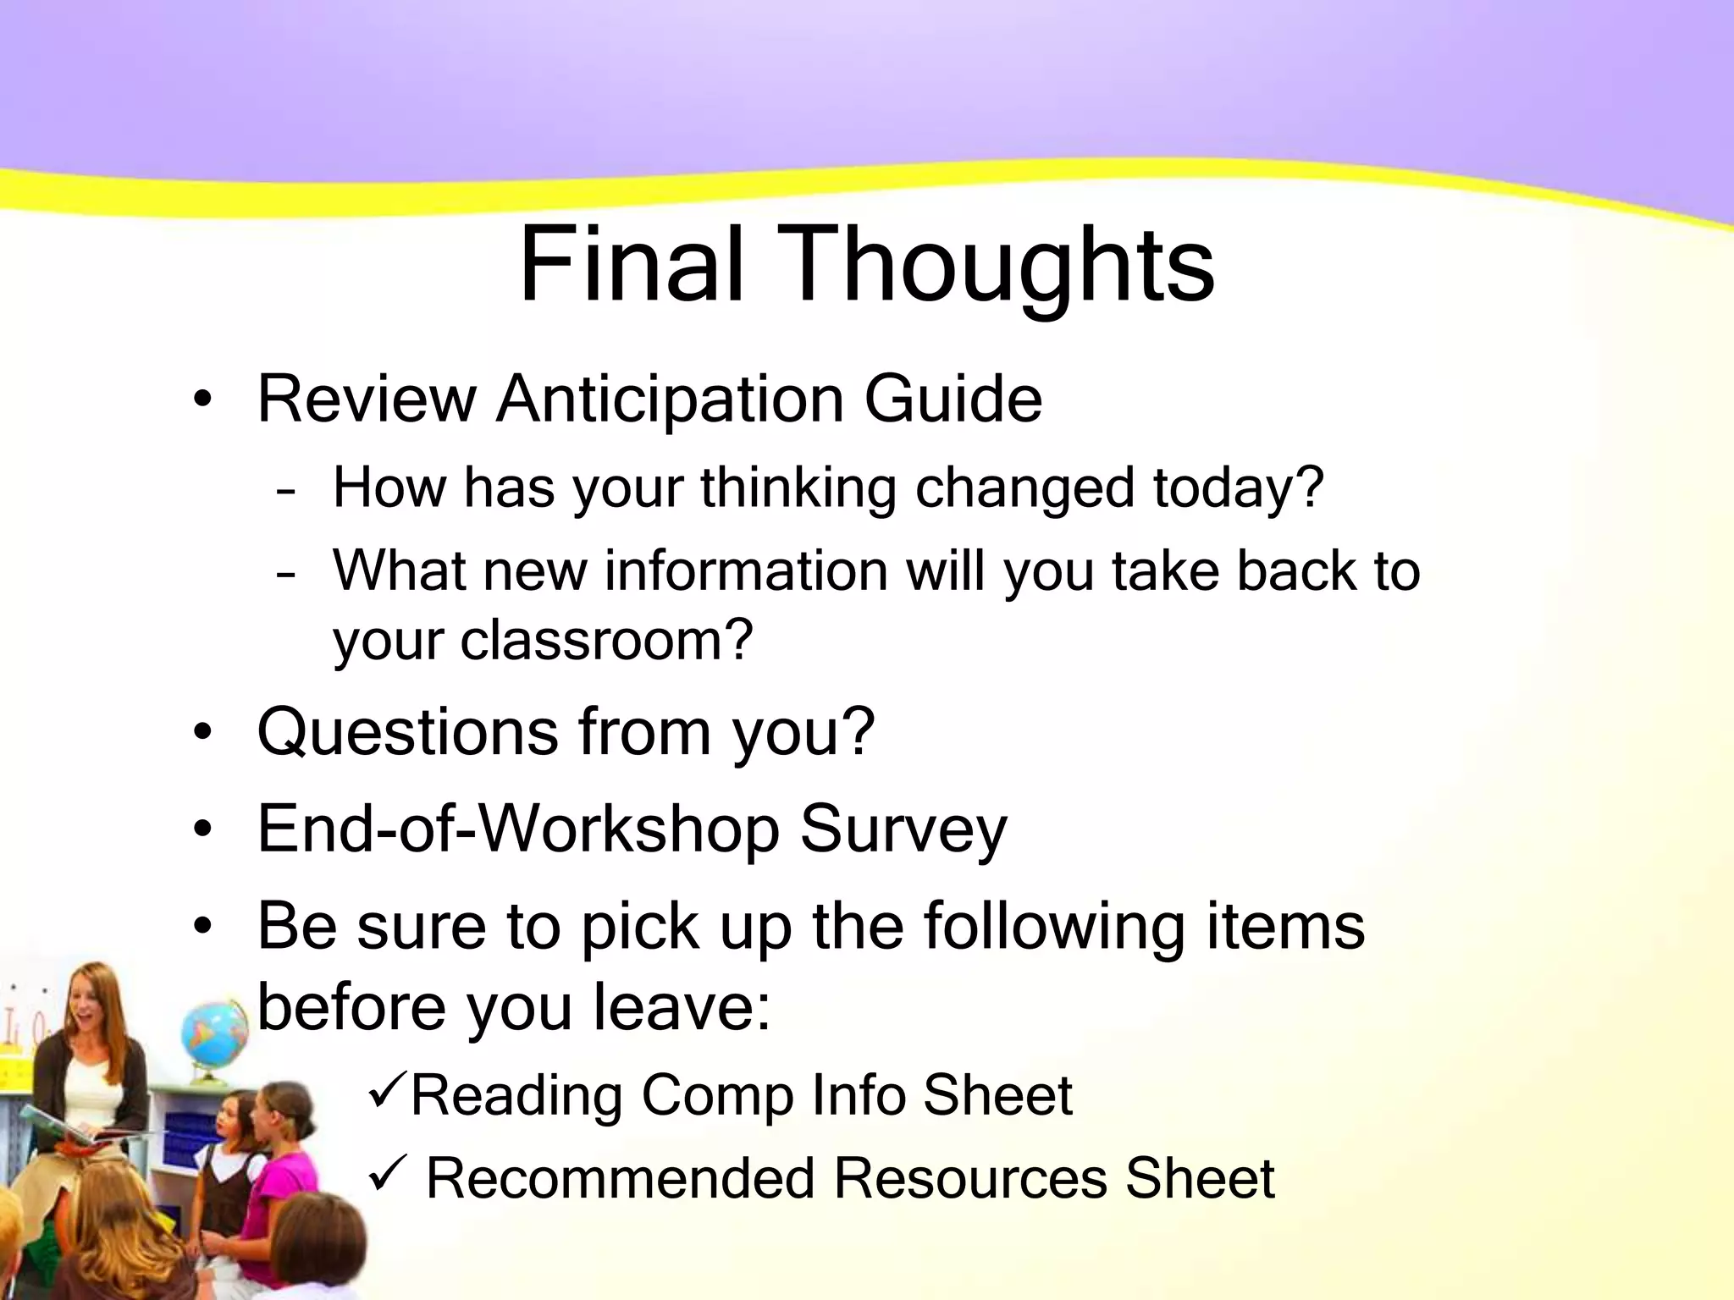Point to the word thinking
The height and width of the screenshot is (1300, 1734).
pyautogui.click(x=798, y=489)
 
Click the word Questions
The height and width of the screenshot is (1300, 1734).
pyautogui.click(x=407, y=733)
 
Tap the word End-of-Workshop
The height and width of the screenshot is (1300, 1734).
pyautogui.click(x=517, y=829)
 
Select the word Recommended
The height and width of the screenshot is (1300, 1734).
pyautogui.click(x=620, y=1178)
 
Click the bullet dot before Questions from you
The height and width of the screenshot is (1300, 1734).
pyautogui.click(x=202, y=733)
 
